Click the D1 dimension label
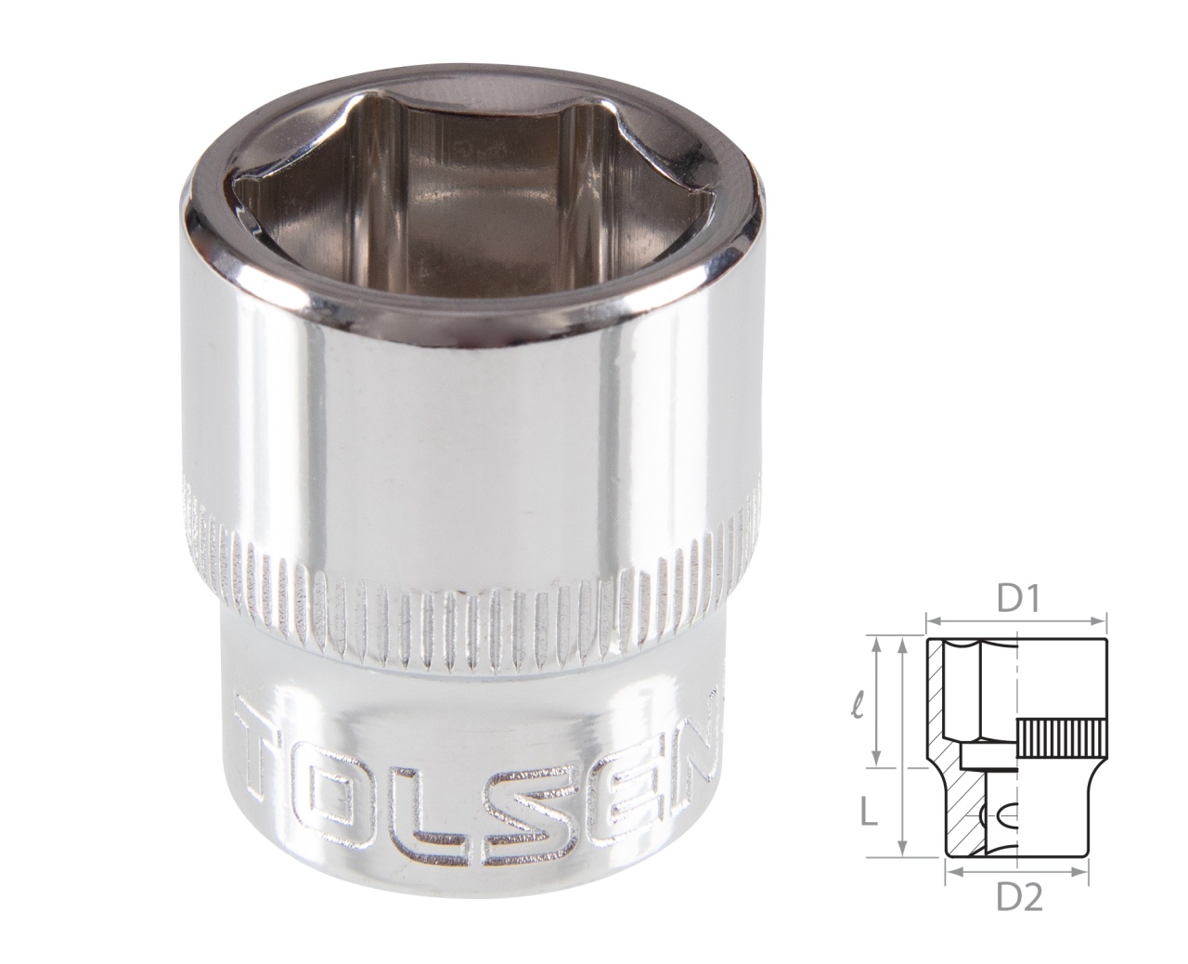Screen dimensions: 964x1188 click(1016, 600)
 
